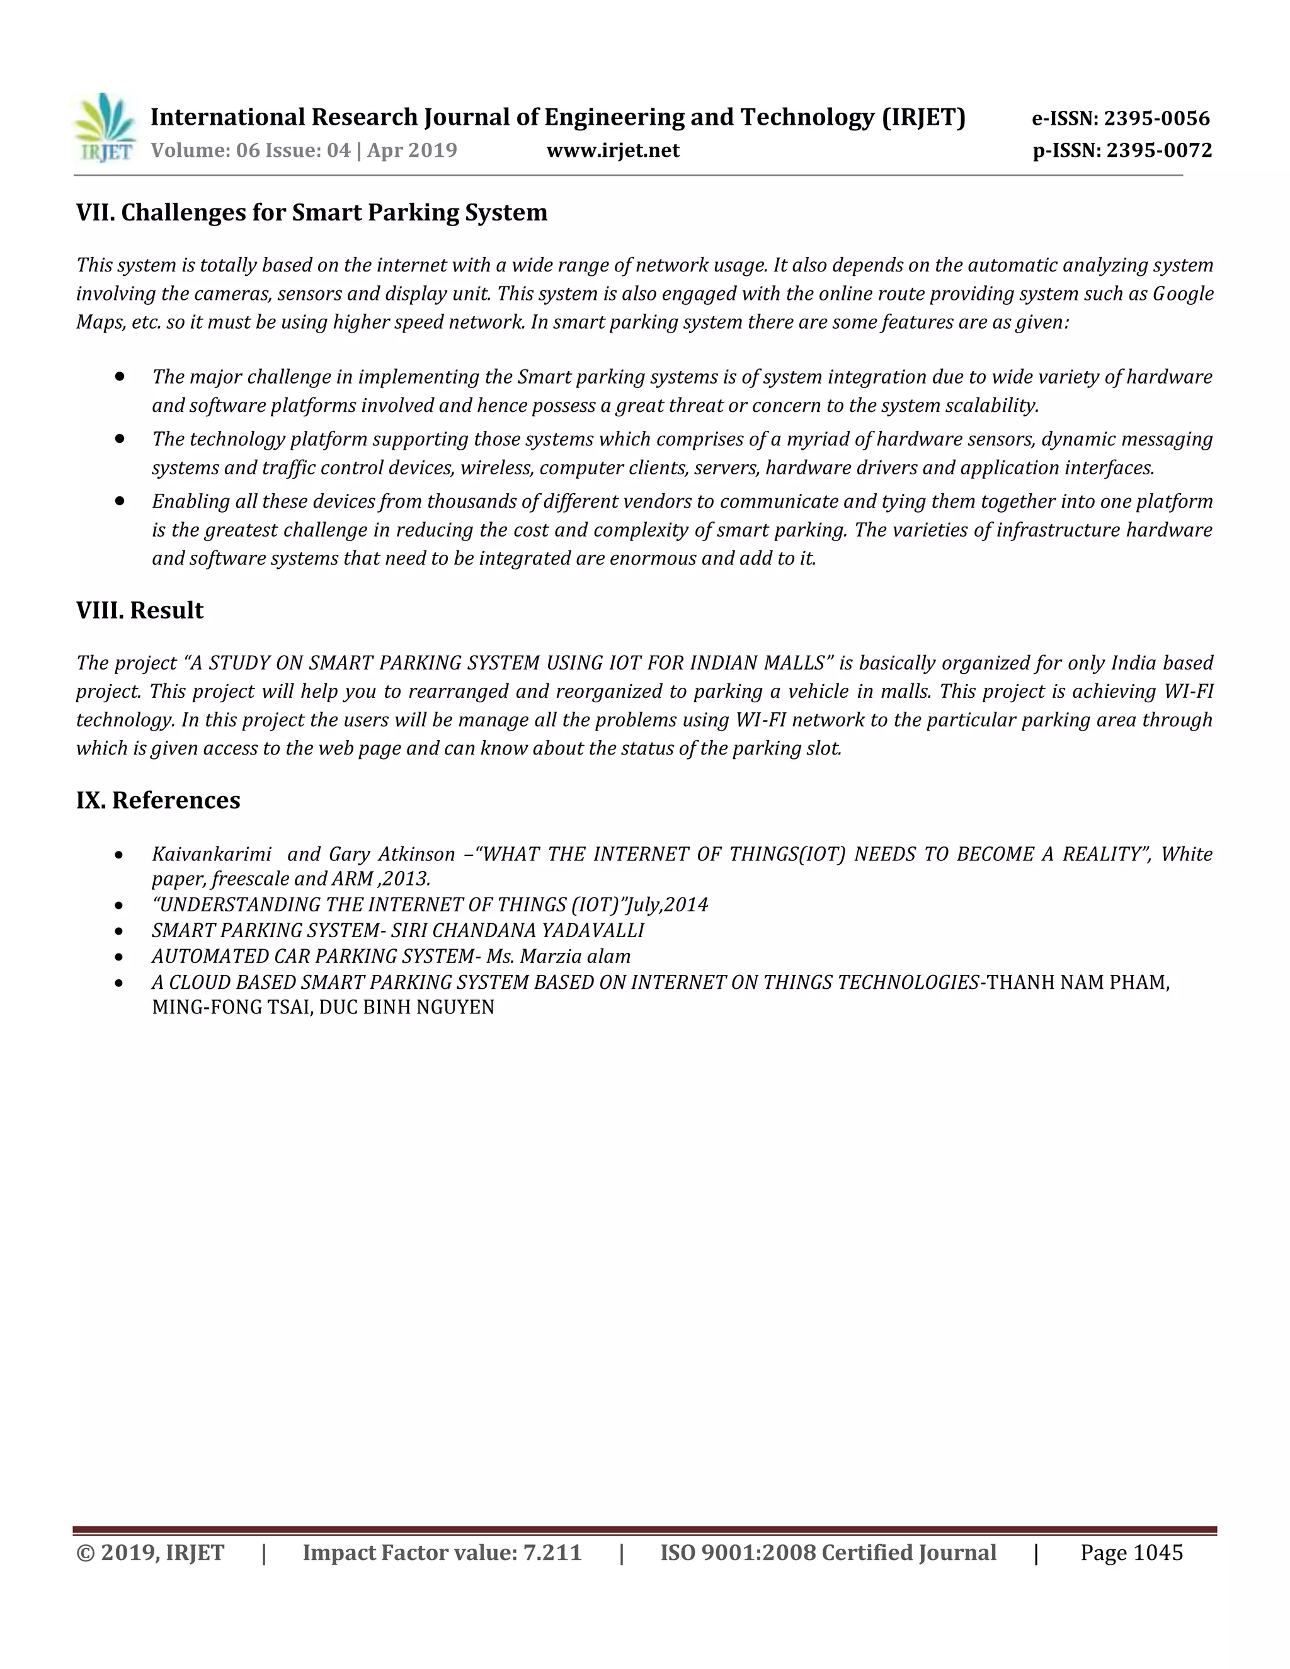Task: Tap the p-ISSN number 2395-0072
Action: point(1158,150)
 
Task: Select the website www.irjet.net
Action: point(612,150)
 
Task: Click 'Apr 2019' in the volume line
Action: point(412,150)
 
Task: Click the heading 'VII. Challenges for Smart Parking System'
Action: point(312,212)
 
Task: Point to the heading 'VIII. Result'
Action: point(140,610)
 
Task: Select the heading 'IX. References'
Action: point(158,800)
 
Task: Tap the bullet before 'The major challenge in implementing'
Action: point(120,377)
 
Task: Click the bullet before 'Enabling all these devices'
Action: point(120,501)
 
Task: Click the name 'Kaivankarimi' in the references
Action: point(212,855)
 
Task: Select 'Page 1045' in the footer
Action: point(1131,1553)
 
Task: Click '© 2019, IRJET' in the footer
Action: point(151,1553)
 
